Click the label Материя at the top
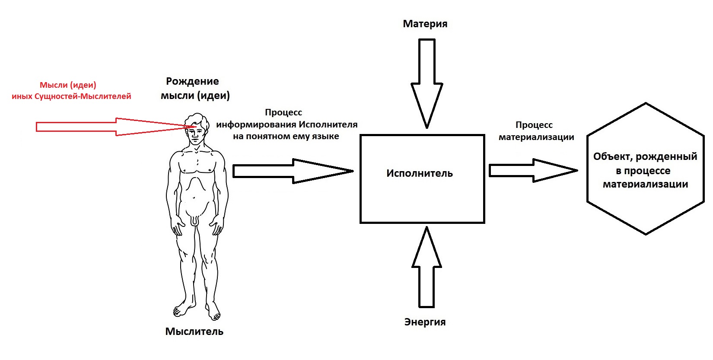tap(425, 24)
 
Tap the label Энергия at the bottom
tap(425, 322)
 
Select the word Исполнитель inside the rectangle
tap(420, 174)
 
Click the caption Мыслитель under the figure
tap(194, 331)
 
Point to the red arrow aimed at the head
tap(86, 127)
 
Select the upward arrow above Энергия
tap(427, 268)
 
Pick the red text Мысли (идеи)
tap(68, 85)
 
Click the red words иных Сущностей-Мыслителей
tap(71, 96)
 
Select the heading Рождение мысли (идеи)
tap(194, 88)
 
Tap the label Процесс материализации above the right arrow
tap(536, 131)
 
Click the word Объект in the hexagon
tap(611, 156)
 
